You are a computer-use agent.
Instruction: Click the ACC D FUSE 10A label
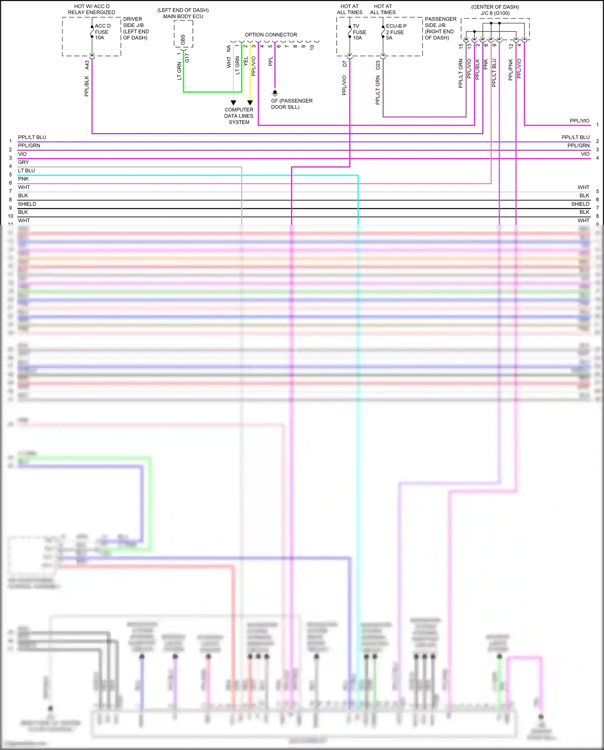(102, 32)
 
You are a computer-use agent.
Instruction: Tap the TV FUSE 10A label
(359, 32)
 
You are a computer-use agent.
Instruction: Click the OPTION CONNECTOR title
(271, 35)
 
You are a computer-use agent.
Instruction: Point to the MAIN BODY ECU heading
(183, 17)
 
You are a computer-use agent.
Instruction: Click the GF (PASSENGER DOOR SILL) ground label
(292, 104)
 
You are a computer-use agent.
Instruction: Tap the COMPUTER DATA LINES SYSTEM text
(239, 116)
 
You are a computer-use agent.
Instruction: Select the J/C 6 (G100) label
(495, 13)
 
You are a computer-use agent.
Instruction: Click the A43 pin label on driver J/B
(87, 65)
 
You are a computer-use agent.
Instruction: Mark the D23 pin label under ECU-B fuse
(378, 65)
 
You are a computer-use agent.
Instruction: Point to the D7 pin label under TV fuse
(345, 64)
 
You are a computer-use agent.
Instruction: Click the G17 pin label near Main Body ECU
(187, 58)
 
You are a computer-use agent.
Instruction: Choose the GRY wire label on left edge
(23, 162)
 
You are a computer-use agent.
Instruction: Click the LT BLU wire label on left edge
(27, 170)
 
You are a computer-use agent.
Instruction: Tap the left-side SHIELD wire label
(27, 204)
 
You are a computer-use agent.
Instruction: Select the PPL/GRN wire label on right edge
(578, 145)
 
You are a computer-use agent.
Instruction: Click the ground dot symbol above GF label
(275, 93)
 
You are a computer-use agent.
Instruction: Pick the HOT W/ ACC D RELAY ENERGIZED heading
(91, 9)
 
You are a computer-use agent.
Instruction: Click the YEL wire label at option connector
(246, 62)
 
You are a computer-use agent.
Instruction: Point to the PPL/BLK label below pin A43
(87, 86)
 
